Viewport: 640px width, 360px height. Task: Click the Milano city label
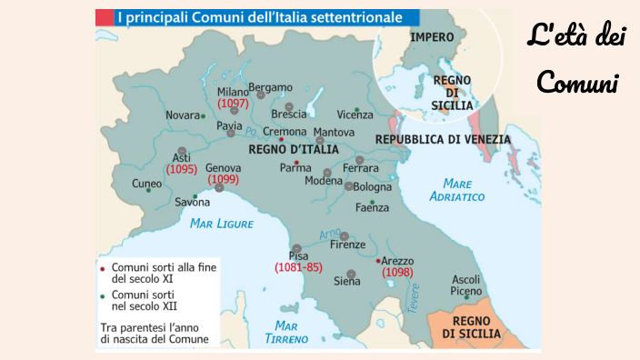point(233,91)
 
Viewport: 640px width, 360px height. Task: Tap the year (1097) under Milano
point(233,103)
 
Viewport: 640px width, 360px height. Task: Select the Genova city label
point(224,168)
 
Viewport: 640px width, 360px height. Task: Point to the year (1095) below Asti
point(182,169)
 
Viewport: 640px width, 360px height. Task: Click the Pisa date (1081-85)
point(298,267)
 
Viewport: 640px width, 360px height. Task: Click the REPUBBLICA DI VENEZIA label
point(443,139)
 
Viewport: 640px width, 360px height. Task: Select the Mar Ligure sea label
point(222,223)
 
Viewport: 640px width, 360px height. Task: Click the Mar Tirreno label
point(286,332)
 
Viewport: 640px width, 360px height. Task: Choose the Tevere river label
point(415,299)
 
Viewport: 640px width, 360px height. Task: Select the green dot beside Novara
point(203,115)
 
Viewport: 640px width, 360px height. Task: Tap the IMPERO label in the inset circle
point(433,37)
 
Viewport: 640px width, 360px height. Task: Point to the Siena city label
point(347,282)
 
